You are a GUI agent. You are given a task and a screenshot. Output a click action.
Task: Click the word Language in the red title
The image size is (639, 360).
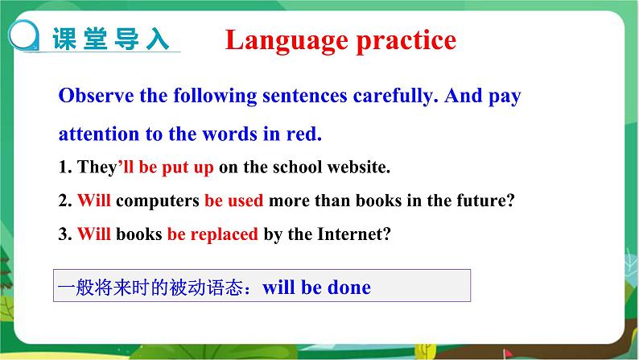coord(275,40)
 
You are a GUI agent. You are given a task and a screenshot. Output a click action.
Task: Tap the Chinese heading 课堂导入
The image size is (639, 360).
coord(110,39)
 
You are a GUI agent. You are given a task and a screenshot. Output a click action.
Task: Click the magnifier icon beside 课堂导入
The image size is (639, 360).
coord(26,36)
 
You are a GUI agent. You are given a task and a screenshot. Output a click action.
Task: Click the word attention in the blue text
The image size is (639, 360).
coord(97,133)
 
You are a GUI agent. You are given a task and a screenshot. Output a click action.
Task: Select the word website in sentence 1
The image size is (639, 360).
coord(358,168)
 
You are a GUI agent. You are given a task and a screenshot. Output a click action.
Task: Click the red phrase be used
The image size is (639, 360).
coord(234,201)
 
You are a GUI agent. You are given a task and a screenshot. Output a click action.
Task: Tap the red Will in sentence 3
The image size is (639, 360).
coord(94,235)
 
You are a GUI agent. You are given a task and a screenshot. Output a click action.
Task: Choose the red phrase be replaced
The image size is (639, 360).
coord(212,235)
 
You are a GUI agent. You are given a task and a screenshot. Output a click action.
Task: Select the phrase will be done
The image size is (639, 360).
coord(317,287)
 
